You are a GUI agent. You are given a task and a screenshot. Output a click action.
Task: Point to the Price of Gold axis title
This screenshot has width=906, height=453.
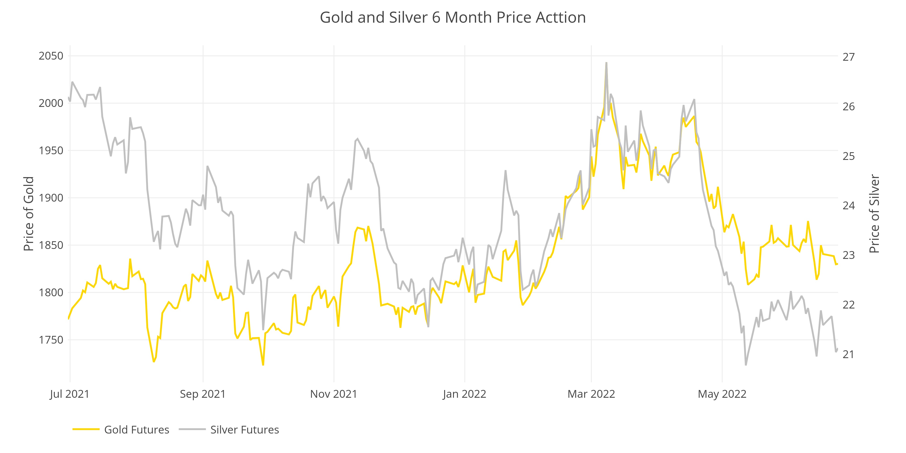pyautogui.click(x=29, y=214)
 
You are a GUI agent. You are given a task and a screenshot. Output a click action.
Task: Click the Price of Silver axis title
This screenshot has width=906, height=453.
pyautogui.click(x=874, y=214)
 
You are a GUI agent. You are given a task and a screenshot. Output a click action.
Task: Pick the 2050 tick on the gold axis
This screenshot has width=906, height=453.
pyautogui.click(x=51, y=56)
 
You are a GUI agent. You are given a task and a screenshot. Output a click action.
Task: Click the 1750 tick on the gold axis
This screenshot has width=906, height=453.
pyautogui.click(x=51, y=340)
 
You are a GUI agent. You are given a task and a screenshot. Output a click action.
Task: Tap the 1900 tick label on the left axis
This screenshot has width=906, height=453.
pyautogui.click(x=51, y=198)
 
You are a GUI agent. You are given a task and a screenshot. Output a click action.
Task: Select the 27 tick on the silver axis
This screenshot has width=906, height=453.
pyautogui.click(x=848, y=57)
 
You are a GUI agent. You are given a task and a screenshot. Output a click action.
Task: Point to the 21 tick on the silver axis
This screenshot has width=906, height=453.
pyautogui.click(x=848, y=354)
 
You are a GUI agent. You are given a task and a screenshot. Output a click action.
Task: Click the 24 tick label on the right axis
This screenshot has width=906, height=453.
pyautogui.click(x=848, y=205)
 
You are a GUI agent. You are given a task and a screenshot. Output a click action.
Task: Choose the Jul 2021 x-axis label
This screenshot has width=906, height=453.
pyautogui.click(x=70, y=394)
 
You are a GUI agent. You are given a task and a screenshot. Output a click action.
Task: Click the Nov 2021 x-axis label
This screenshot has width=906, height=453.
pyautogui.click(x=333, y=394)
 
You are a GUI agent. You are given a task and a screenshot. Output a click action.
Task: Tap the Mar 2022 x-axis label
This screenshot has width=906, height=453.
pyautogui.click(x=591, y=394)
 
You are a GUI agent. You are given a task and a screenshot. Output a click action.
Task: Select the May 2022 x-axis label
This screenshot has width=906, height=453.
pyautogui.click(x=722, y=394)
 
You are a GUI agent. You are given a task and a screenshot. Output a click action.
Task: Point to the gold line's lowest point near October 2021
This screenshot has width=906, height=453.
pyautogui.click(x=263, y=365)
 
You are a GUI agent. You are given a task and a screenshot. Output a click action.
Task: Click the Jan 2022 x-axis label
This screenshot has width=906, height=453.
pyautogui.click(x=464, y=394)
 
